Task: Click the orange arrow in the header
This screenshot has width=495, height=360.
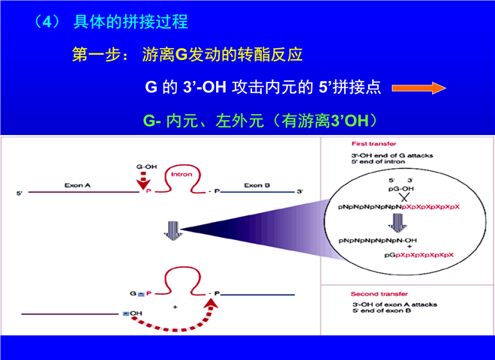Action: pyautogui.click(x=418, y=87)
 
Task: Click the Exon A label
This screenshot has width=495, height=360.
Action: pyautogui.click(x=79, y=184)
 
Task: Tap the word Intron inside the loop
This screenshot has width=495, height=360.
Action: pyautogui.click(x=182, y=175)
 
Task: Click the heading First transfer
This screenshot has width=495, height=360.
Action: pyautogui.click(x=368, y=142)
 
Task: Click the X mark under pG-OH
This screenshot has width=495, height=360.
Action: pyautogui.click(x=395, y=196)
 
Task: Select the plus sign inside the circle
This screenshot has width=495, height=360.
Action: pyautogui.click(x=397, y=248)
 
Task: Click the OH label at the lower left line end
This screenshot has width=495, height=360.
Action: pyautogui.click(x=135, y=313)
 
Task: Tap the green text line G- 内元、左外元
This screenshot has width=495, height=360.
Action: pyautogui.click(x=259, y=120)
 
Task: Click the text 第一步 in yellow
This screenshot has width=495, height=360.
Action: pyautogui.click(x=94, y=55)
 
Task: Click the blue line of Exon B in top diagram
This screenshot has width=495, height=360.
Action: pyautogui.click(x=259, y=193)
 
